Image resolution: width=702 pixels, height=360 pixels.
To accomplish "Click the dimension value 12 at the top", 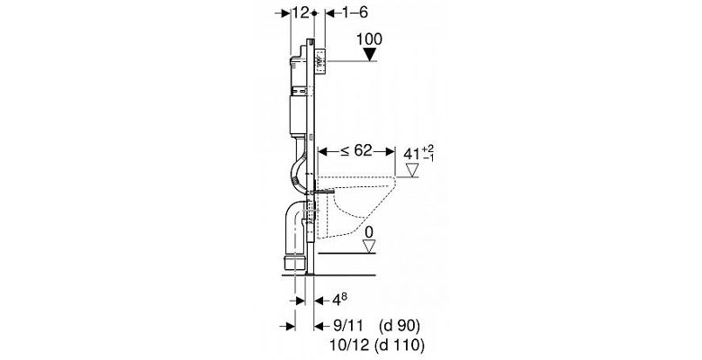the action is (300, 13).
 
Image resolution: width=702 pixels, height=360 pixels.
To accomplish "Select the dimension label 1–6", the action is (355, 13).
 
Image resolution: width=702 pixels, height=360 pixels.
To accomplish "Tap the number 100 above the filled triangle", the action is (369, 39).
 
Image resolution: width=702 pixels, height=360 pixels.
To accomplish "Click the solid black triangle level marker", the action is (370, 54).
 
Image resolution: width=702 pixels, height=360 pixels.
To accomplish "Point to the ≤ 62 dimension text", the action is (355, 151).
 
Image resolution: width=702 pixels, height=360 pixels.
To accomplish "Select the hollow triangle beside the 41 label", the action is (411, 170).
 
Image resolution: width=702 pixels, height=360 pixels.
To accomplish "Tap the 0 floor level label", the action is (369, 232).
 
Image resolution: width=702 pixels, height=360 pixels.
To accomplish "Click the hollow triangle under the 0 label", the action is (369, 246).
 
